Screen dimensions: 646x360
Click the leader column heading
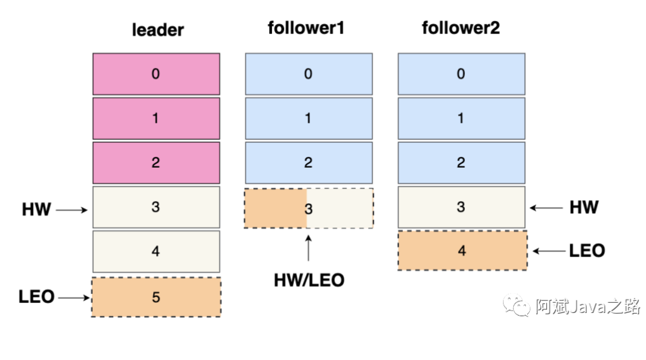click(x=158, y=30)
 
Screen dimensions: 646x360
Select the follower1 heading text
click(x=306, y=28)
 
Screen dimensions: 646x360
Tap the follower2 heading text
click(x=461, y=28)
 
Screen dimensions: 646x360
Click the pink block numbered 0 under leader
click(x=156, y=74)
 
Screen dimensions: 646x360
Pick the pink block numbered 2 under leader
click(x=156, y=163)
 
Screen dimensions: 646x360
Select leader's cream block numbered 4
click(x=156, y=251)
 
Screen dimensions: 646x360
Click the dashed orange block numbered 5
click(x=156, y=297)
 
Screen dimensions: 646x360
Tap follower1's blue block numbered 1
click(x=309, y=119)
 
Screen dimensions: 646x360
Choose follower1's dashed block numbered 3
click(x=309, y=208)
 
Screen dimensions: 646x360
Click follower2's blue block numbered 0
click(x=461, y=74)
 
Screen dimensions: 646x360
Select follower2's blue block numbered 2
click(x=461, y=163)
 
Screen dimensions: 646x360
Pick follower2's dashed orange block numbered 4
click(x=462, y=250)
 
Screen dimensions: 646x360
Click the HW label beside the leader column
click(x=36, y=210)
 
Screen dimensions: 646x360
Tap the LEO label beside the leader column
click(x=36, y=297)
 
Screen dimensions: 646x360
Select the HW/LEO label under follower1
click(x=309, y=281)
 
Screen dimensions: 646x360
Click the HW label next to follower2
click(x=584, y=207)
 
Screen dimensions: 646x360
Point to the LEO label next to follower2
click(x=587, y=250)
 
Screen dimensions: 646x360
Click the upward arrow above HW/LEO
click(x=308, y=248)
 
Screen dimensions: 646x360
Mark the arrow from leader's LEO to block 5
click(x=74, y=297)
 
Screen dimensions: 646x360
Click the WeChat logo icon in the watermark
click(x=516, y=305)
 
